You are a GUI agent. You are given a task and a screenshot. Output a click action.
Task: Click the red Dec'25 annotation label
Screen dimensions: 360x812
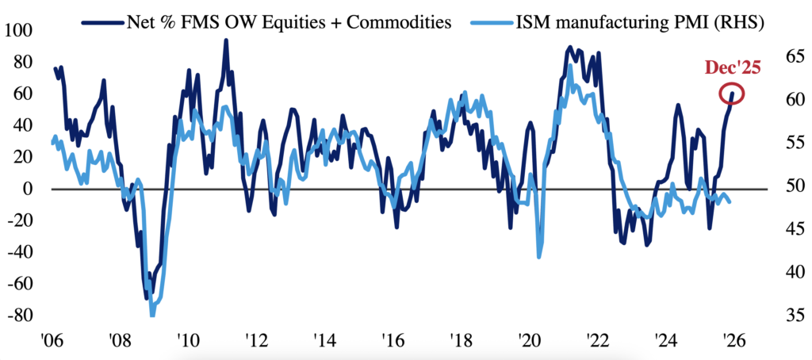tap(733, 68)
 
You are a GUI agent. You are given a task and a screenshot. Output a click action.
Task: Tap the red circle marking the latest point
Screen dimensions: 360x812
tap(732, 94)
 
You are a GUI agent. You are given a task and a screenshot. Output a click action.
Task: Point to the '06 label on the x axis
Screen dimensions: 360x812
tap(51, 343)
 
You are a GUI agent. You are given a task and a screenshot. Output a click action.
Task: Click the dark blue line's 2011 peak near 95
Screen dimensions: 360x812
tap(226, 40)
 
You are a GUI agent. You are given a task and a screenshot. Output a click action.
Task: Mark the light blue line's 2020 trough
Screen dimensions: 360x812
tap(540, 256)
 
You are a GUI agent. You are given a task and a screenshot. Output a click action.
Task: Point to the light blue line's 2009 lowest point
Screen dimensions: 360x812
tap(151, 315)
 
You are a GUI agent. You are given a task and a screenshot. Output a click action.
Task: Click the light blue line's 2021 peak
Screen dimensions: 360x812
tap(569, 66)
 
